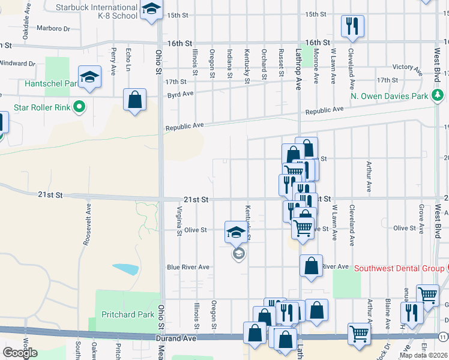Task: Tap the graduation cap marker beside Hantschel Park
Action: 89,78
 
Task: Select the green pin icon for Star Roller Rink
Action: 79,108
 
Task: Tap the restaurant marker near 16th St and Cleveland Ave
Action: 352,26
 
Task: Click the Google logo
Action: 20,352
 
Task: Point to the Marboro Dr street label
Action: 53,28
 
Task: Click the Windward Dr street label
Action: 17,63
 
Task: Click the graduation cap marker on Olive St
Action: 236,231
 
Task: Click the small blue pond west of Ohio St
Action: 124,268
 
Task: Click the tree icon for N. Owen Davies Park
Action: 439,95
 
